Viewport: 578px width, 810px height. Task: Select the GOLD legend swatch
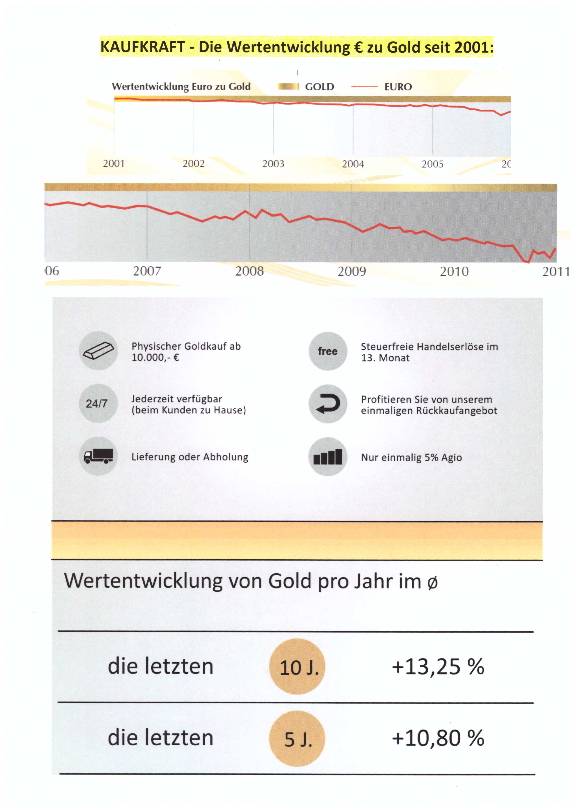(x=288, y=87)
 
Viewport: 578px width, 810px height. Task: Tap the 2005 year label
(x=432, y=164)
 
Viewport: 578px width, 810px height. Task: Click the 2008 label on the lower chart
(x=249, y=271)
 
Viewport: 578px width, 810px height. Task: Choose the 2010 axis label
(x=454, y=272)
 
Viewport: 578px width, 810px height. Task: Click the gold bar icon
(x=98, y=351)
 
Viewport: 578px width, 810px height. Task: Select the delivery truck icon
(x=98, y=456)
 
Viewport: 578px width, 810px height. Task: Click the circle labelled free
(x=327, y=351)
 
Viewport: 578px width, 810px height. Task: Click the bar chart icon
(x=327, y=457)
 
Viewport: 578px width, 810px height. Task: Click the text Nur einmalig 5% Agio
(x=411, y=457)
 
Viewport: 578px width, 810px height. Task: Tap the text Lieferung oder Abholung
(x=190, y=457)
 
